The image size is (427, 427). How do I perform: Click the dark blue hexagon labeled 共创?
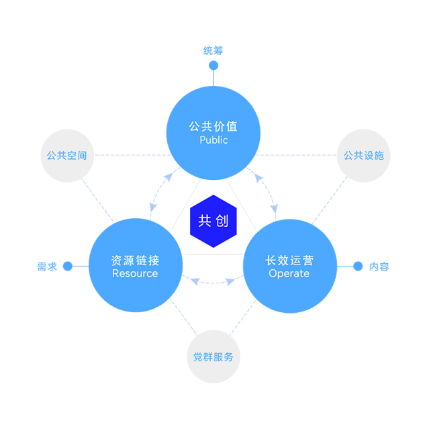tap(213, 221)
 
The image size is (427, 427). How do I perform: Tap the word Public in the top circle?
tap(213, 140)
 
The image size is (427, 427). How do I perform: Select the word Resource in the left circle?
tap(135, 273)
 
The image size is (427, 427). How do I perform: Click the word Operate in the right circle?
tap(289, 274)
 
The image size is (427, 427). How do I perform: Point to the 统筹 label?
tap(213, 50)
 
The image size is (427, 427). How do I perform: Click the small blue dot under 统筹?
tap(213, 65)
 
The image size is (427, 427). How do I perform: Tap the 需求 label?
tap(47, 267)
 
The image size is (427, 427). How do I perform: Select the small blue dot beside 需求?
tap(68, 266)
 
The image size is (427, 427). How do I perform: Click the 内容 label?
tap(379, 267)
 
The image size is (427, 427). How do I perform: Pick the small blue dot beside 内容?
tap(358, 266)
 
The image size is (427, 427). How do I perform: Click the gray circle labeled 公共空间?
tap(67, 156)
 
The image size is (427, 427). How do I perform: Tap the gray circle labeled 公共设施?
tap(364, 156)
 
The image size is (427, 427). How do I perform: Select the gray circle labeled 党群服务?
tap(213, 357)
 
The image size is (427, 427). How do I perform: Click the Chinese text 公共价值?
tap(213, 127)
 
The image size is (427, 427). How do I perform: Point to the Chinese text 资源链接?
tap(136, 260)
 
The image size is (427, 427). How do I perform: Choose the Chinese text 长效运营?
tap(289, 260)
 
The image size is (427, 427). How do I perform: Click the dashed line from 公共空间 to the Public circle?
tap(133, 155)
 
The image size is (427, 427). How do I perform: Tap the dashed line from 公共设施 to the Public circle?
tap(296, 155)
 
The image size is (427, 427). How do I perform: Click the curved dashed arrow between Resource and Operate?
tap(213, 283)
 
